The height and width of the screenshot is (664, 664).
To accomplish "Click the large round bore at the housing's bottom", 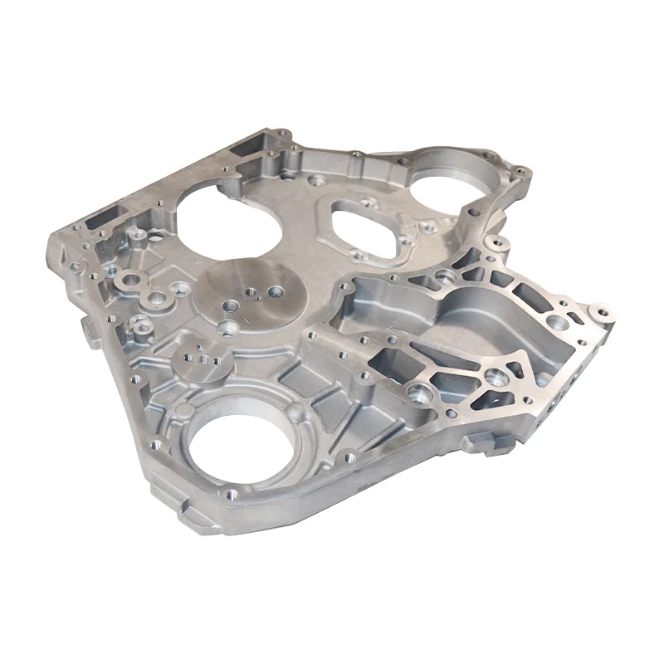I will (237, 445).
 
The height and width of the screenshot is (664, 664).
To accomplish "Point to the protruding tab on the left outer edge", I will (90, 329).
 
